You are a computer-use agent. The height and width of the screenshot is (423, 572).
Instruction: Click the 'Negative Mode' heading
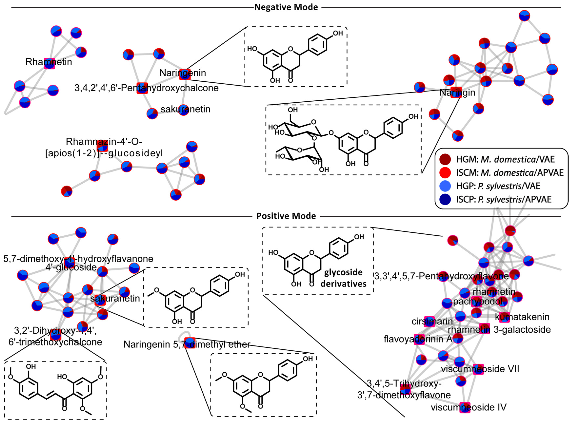click(x=286, y=7)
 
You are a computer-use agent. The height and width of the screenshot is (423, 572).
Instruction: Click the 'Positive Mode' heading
click(x=286, y=216)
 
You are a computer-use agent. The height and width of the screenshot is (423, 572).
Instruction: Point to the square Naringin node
click(x=456, y=92)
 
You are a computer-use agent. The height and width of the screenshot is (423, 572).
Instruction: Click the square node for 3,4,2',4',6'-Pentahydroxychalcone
click(x=142, y=88)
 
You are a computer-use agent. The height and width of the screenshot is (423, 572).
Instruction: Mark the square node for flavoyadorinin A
click(x=419, y=339)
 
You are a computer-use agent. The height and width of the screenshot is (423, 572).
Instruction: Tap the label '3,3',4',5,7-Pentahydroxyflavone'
click(x=441, y=276)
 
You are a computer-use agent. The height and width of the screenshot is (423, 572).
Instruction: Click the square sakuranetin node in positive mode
click(x=100, y=300)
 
